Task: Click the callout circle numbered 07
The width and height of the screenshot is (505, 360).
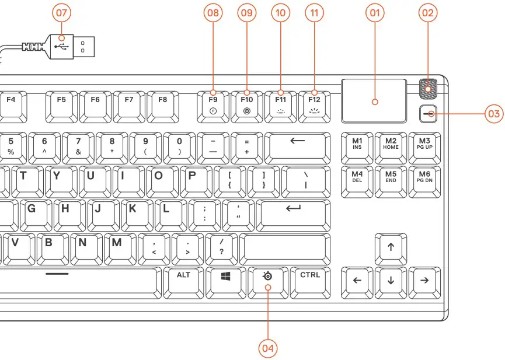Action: coord(61,13)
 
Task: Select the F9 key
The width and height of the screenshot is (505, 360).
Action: coord(213,104)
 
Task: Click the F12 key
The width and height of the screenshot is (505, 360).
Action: coord(315,104)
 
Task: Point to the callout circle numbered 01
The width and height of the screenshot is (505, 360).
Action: coord(375,13)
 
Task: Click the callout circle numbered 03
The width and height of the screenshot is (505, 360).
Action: coord(494,113)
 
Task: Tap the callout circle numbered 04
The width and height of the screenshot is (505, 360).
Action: coord(268,348)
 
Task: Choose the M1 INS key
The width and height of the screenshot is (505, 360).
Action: coord(357,146)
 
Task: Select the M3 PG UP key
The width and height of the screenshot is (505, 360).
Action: coord(424,146)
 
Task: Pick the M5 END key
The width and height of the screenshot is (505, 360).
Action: coord(391,179)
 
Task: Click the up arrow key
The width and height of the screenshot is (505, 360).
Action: coord(391,247)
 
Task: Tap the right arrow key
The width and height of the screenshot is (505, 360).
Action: coord(424,281)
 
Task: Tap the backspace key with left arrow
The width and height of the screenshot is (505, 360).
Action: coord(297,146)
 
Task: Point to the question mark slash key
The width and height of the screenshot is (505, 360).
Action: coord(221,247)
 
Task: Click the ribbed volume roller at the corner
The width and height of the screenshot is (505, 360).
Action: coord(430,88)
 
